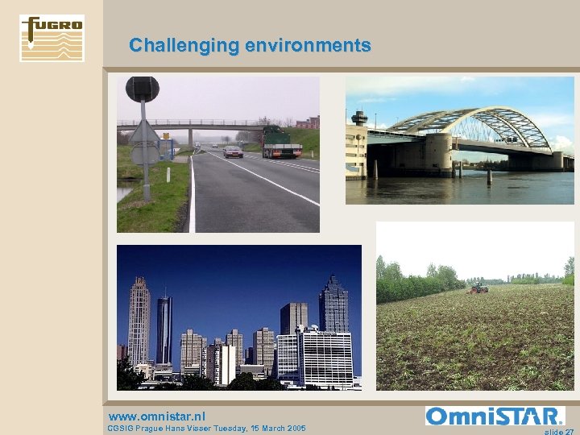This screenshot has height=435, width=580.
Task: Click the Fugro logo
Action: coord(52,38)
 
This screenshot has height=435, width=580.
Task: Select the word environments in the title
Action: coord(309,45)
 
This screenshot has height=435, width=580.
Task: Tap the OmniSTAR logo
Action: coord(495,416)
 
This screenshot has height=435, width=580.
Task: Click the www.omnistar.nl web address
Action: coord(157,416)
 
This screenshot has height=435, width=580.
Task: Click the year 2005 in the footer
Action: coord(293,428)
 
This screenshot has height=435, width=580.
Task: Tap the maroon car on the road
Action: coord(233,151)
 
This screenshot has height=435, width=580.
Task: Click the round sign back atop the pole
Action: coord(142,89)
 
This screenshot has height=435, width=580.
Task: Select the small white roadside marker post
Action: coord(168,173)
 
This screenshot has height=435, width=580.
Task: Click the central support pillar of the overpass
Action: coord(190,137)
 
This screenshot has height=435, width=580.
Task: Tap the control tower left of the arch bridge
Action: coord(359,119)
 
